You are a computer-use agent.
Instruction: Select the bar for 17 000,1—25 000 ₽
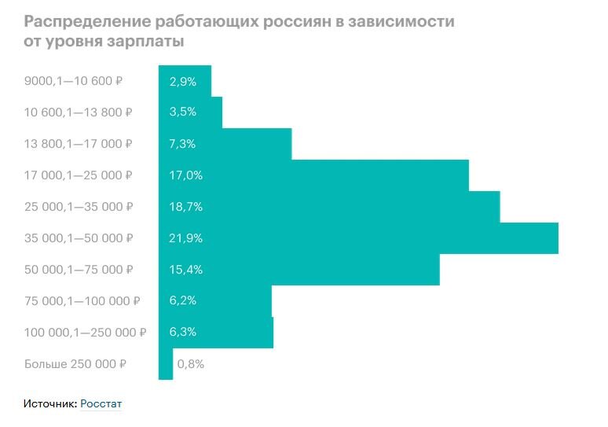click(313, 175)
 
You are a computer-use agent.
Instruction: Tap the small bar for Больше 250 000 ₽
click(165, 364)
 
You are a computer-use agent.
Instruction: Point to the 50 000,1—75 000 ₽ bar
click(299, 270)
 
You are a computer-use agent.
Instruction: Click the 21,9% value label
click(186, 238)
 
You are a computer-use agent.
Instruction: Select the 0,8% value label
click(191, 364)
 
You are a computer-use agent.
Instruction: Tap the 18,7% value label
click(186, 207)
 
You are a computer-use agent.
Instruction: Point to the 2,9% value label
click(183, 81)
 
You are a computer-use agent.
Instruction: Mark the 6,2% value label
click(183, 301)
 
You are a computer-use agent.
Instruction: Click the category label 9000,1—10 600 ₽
click(74, 81)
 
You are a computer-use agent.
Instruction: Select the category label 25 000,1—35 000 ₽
click(79, 207)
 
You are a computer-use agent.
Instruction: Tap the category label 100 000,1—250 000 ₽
click(86, 333)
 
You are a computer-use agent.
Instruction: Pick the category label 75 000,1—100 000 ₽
click(82, 301)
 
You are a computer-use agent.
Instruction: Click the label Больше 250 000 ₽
click(75, 364)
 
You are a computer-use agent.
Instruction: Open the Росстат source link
click(101, 403)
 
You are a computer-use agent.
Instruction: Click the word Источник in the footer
click(49, 403)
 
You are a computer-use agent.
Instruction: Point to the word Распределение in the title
click(86, 21)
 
